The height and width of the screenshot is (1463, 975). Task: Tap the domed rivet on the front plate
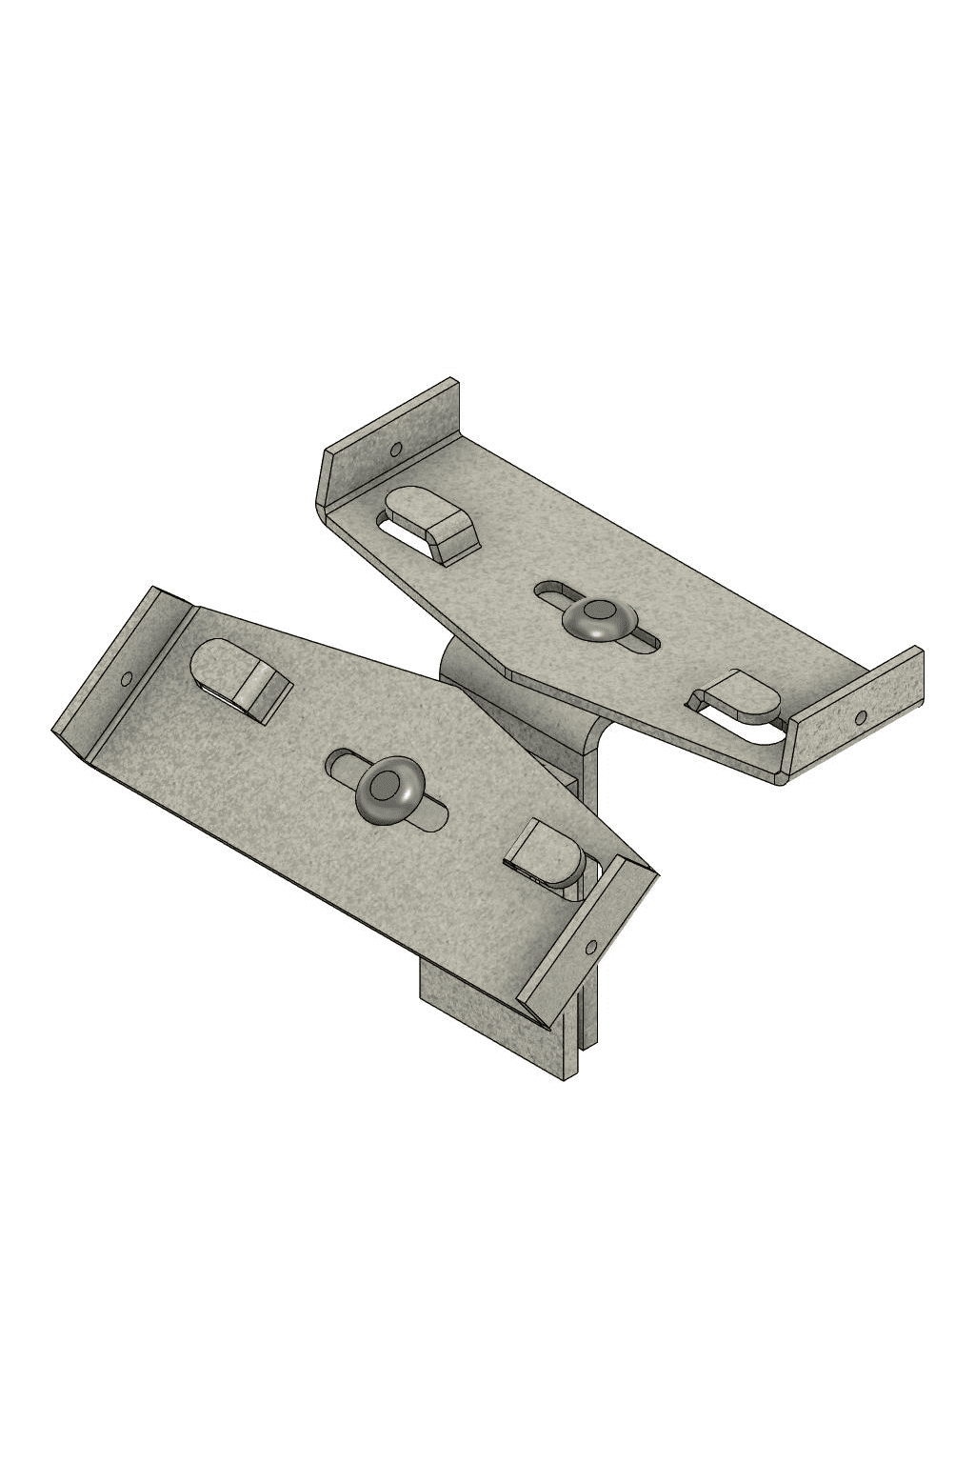(388, 791)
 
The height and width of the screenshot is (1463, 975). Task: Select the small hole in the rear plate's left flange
(395, 449)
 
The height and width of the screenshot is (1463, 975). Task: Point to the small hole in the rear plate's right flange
(861, 716)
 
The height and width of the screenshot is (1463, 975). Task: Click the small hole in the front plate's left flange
(127, 678)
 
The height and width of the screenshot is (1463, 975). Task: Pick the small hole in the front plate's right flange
(591, 947)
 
